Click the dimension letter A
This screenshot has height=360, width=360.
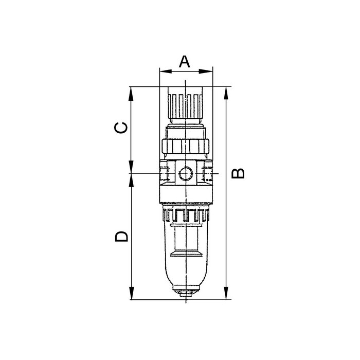coord(185,61)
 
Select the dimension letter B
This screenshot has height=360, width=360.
coord(238,173)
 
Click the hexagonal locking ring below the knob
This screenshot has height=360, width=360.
coord(185,147)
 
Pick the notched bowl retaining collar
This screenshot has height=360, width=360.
coord(185,214)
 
